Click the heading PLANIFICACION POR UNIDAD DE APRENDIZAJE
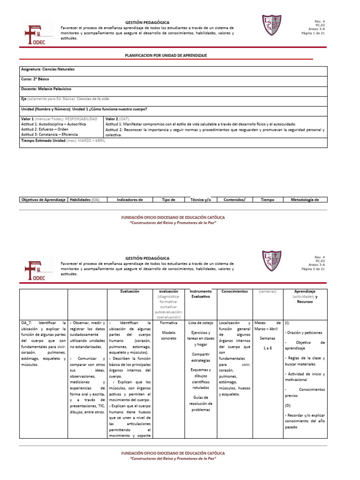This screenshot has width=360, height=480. tap(165, 55)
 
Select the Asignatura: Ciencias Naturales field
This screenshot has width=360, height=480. tap(48, 69)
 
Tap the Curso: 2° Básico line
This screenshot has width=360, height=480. tap(35, 79)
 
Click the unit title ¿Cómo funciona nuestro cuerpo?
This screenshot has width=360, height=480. tap(120, 109)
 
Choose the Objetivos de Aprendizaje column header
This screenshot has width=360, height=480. tap(43, 200)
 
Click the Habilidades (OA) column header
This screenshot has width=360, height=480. tap(84, 200)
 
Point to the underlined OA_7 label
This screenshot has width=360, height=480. tap(26, 323)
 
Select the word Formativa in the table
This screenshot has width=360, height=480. tap(168, 323)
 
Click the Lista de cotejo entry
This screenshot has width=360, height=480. tap(201, 323)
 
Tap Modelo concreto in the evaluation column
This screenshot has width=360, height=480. tap(168, 334)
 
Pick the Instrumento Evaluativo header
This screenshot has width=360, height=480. tap(201, 294)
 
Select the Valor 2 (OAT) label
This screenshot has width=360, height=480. tap(118, 119)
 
